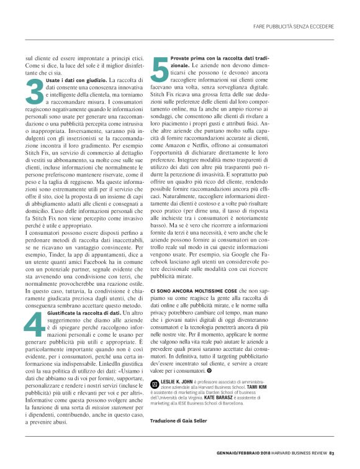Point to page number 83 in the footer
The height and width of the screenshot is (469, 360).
333,452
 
